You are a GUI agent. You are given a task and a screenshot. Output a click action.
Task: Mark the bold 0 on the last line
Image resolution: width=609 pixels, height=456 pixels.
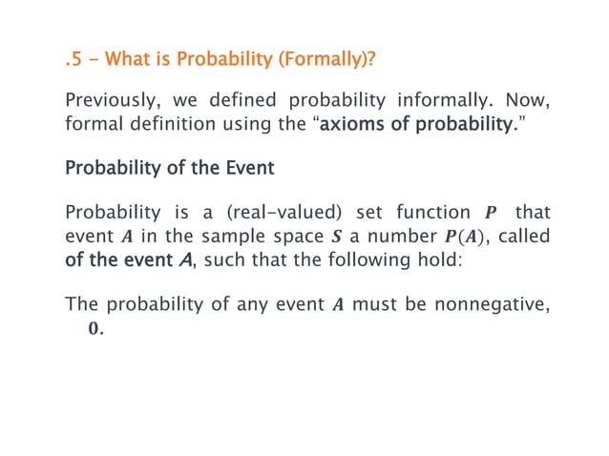(x=94, y=328)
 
